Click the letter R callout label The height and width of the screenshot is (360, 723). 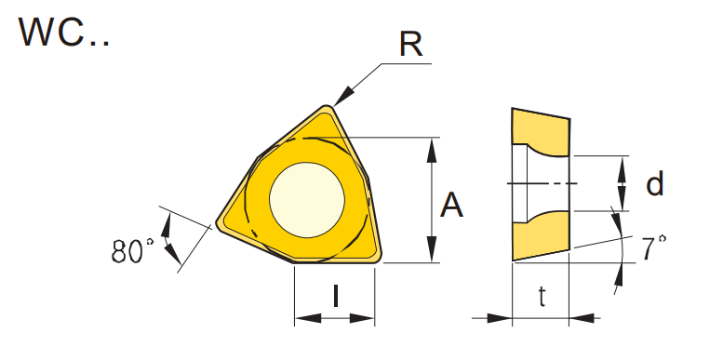[410, 45]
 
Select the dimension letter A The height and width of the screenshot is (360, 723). [451, 206]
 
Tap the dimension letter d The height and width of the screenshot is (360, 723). [655, 183]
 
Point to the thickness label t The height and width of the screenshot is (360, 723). [542, 297]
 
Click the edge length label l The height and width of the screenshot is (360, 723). [336, 295]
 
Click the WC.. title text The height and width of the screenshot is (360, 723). [64, 33]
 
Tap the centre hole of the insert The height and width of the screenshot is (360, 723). [307, 200]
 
